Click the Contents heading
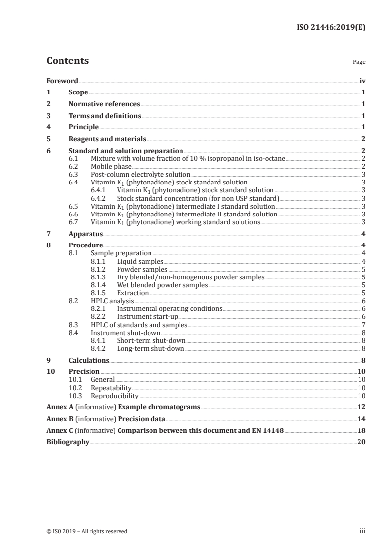coord(67,61)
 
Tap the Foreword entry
coord(62,81)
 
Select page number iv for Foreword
coord(362,81)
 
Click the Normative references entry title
coord(104,104)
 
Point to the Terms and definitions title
coord(105,116)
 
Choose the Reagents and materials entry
coord(107,139)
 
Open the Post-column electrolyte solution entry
coord(141,174)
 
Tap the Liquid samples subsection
coord(140,261)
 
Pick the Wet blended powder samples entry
coord(162,285)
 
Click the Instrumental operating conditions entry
coord(169,308)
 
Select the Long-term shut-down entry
coord(150,348)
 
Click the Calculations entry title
coord(89,360)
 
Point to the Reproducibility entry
coord(115,395)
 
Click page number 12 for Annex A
coord(361,407)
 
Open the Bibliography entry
coord(67,442)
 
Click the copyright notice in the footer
coord(87,531)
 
